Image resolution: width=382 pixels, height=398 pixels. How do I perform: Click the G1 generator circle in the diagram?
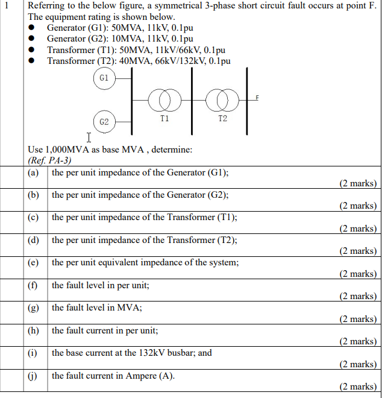tap(104, 78)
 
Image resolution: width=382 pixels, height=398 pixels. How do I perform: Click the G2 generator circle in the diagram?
tap(104, 121)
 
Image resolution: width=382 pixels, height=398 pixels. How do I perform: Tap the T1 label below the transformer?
tap(164, 119)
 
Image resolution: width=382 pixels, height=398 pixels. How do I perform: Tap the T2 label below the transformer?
tap(222, 119)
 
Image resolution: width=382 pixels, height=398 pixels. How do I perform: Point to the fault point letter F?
tap(257, 97)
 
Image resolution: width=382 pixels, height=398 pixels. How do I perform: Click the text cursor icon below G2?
tap(89, 137)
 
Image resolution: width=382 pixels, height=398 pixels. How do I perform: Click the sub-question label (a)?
tap(34, 172)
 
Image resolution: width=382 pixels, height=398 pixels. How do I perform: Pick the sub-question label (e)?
tap(34, 262)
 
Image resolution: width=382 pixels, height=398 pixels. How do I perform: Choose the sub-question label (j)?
tap(34, 376)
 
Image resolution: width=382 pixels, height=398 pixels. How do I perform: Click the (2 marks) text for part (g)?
tap(357, 319)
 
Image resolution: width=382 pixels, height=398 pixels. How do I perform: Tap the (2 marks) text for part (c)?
tap(357, 229)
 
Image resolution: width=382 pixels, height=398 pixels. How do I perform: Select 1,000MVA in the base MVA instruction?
tap(64, 150)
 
